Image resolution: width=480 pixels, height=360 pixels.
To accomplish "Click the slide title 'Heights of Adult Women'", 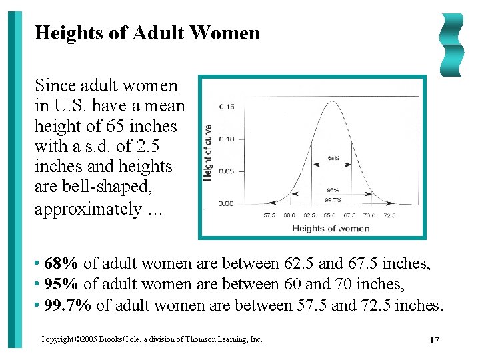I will point(147,33).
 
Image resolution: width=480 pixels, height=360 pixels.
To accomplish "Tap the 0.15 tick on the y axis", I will point(227,107).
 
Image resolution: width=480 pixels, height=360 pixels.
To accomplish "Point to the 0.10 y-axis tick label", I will point(227,139).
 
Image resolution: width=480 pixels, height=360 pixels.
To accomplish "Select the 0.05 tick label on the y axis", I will point(227,171).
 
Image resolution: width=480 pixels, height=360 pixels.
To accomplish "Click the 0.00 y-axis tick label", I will point(227,203).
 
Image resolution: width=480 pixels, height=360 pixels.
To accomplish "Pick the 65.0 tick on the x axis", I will point(330,215).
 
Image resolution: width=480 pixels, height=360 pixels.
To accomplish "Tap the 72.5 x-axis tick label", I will point(389,215).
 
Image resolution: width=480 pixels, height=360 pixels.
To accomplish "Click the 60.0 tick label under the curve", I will point(290,215).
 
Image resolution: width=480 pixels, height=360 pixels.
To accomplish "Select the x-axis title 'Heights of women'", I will point(331,229).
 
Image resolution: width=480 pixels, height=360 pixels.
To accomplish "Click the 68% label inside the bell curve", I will point(333,159).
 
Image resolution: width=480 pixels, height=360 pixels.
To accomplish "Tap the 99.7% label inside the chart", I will point(333,199).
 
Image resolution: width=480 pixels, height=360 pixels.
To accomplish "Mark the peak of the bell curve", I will point(331,100).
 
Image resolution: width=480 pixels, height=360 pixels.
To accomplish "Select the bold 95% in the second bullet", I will point(63,285).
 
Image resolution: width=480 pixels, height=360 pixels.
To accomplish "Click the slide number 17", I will point(434,341).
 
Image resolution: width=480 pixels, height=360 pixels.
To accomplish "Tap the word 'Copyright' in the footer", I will point(55,339).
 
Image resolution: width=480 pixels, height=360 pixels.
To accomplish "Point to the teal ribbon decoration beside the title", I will point(451,45).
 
